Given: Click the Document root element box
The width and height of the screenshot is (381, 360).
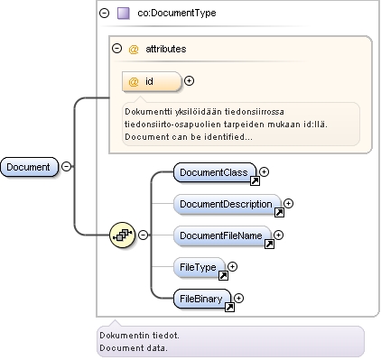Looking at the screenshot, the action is tap(29, 167).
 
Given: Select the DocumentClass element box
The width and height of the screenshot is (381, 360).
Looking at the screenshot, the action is tap(215, 172).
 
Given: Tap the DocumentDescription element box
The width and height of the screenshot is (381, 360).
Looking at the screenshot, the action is tap(228, 204).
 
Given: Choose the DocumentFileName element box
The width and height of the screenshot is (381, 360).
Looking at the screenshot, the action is tap(222, 235).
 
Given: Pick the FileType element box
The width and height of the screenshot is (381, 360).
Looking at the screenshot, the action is tap(200, 267).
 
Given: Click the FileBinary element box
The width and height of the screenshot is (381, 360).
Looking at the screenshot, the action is tap(202, 299).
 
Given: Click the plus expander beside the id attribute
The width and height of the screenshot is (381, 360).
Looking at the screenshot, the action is tap(189, 80).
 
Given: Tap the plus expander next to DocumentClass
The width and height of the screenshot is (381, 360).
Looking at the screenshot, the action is tap(264, 171).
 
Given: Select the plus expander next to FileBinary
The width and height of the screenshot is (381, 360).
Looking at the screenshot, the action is tap(238, 298).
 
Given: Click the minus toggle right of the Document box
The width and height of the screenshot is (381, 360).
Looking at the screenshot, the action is tap(67, 166).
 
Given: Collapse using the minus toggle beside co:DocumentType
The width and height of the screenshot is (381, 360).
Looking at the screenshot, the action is tap(104, 13).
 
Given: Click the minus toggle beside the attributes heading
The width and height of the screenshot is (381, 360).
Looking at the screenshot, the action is tap(116, 48).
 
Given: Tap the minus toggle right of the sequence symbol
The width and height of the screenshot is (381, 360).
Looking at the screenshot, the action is tap(144, 235).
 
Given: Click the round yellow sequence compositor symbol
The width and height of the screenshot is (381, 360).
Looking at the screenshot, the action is tap(122, 235).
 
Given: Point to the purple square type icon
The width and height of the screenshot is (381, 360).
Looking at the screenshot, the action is tap(124, 14).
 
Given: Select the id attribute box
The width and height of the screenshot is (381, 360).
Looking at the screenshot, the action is tap(152, 81).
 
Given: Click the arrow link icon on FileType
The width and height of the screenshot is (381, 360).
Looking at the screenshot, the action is tap(223, 275).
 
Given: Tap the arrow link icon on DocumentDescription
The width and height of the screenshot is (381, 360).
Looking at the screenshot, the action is tap(279, 212).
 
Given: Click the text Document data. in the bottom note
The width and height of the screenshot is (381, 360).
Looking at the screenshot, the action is tap(134, 348).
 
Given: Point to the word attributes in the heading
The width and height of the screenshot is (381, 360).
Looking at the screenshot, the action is tap(166, 49).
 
